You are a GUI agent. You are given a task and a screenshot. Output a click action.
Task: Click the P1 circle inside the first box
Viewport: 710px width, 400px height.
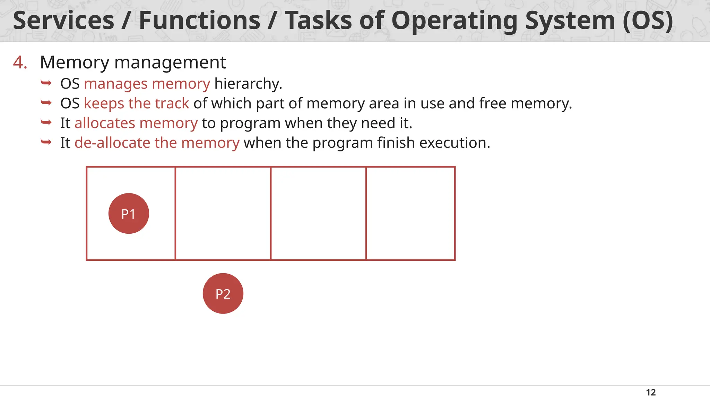[x=129, y=214]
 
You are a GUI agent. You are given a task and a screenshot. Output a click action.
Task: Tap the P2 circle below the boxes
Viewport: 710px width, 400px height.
[x=223, y=294]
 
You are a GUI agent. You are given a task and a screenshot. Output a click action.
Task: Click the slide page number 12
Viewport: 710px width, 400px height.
[x=651, y=392]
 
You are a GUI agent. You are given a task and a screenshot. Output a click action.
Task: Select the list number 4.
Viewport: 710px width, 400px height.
[x=20, y=63]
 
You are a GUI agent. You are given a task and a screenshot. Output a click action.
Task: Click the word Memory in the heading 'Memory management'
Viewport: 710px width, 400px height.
[x=75, y=63]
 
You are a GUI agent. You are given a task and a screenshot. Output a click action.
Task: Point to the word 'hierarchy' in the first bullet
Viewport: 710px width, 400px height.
[x=248, y=84]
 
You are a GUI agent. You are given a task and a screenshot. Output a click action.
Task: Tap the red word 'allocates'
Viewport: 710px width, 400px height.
[x=104, y=123]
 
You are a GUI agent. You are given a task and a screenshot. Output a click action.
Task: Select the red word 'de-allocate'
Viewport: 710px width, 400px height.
[x=112, y=143]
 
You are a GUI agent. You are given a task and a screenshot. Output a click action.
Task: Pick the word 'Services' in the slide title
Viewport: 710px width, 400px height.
[x=63, y=20]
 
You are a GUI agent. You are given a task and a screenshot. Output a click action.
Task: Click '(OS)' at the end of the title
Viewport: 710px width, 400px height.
[x=648, y=20]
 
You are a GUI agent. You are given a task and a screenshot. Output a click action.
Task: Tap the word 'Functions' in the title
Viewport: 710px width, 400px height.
[x=199, y=20]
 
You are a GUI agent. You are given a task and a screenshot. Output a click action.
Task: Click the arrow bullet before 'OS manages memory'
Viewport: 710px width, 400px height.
[x=46, y=83]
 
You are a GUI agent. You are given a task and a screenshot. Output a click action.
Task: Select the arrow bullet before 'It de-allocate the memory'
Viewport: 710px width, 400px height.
[x=46, y=142]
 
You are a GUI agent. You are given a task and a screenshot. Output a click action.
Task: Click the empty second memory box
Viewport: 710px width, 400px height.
[x=223, y=214]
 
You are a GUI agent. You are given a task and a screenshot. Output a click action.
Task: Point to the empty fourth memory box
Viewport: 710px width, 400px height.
[x=410, y=214]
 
